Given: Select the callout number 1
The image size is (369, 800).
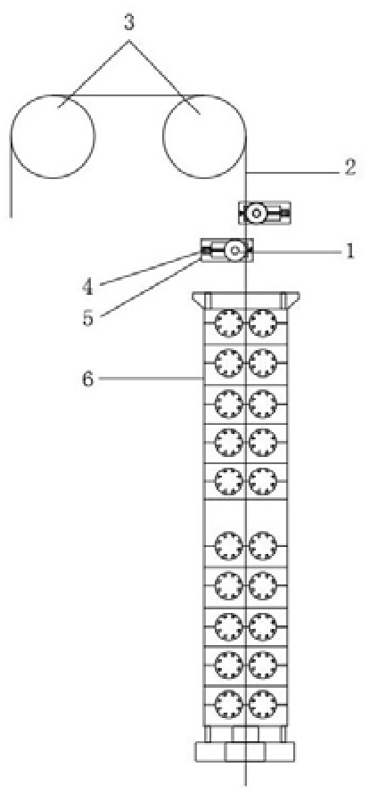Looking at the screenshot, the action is click(x=349, y=251).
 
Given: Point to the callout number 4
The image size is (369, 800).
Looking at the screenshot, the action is click(x=87, y=287).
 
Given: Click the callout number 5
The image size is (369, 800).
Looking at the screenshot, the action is click(x=87, y=318).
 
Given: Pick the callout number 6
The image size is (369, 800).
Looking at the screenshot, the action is click(x=87, y=380).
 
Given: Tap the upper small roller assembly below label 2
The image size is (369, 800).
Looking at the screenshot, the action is click(x=265, y=212).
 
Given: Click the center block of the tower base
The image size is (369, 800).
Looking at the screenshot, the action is click(x=245, y=752).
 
